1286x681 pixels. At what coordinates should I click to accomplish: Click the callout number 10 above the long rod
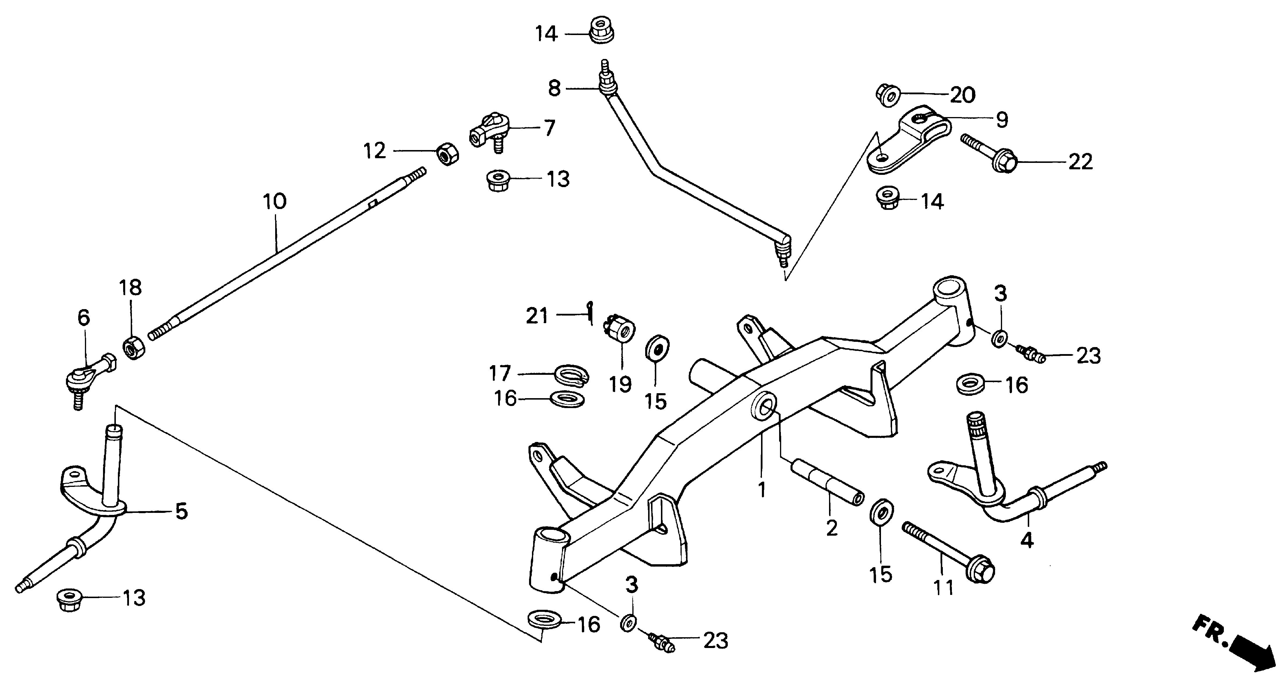click(x=275, y=202)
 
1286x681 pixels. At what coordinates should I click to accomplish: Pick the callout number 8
click(x=554, y=88)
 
